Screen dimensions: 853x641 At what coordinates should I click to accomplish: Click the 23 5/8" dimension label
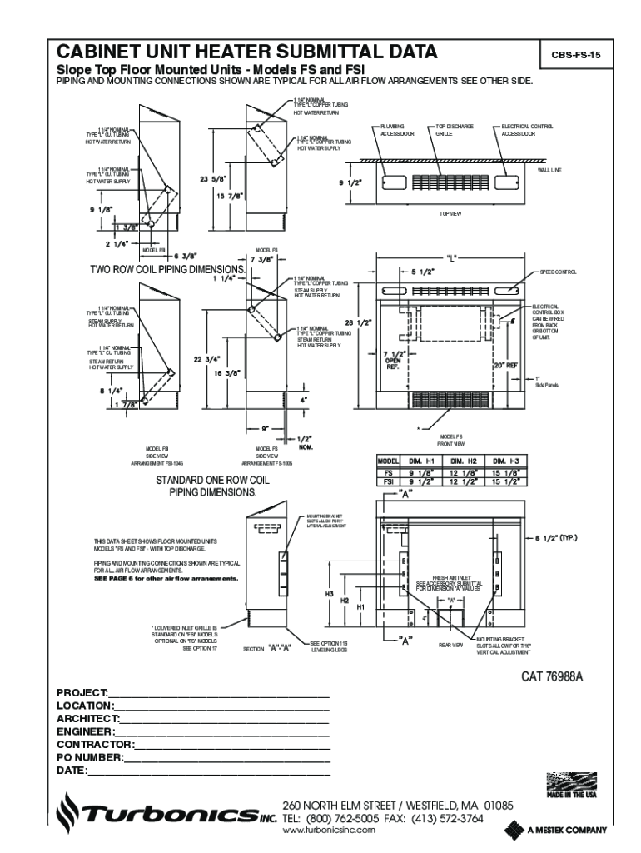(214, 178)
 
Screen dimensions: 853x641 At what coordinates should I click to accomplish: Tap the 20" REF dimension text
(505, 364)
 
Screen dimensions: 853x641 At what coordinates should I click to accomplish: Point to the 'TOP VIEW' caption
(450, 214)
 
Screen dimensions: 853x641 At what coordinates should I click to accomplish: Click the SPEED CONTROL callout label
(558, 272)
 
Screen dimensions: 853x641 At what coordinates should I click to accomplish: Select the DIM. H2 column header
(463, 461)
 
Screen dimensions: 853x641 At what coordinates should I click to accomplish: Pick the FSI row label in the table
(388, 481)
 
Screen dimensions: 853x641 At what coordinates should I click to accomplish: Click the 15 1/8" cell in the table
(504, 471)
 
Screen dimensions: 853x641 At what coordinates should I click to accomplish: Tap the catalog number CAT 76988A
(552, 676)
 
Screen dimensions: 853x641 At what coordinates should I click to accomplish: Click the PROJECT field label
(82, 693)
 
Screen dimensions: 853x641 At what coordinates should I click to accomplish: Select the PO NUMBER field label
(90, 757)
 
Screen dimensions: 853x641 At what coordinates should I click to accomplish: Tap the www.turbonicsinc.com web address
(330, 831)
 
